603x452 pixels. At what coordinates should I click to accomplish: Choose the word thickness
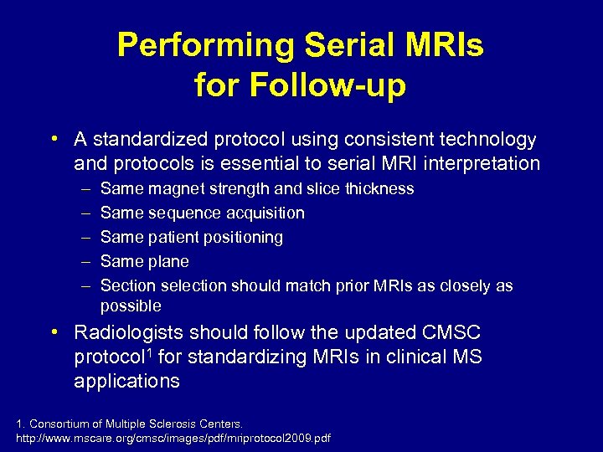[379, 189]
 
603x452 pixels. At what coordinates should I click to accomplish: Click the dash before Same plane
[83, 262]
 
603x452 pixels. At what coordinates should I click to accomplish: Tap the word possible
[131, 306]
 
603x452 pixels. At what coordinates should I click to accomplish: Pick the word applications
[126, 382]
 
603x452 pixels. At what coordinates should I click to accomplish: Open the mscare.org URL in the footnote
[173, 438]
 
